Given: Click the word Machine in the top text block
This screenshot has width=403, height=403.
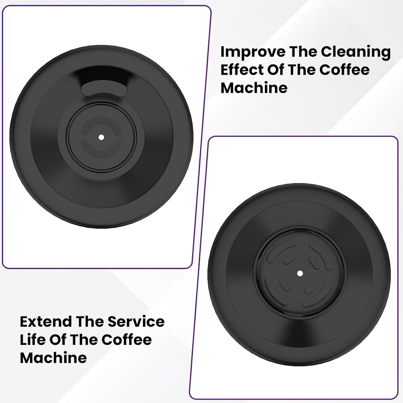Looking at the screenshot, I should point(254,88).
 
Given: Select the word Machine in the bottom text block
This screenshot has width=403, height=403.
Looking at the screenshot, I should point(53,358).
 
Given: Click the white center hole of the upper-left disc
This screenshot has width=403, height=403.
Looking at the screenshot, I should point(101,137).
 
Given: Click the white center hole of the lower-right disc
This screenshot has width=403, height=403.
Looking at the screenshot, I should point(300,273).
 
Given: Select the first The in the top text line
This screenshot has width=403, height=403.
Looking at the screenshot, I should point(299,52).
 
